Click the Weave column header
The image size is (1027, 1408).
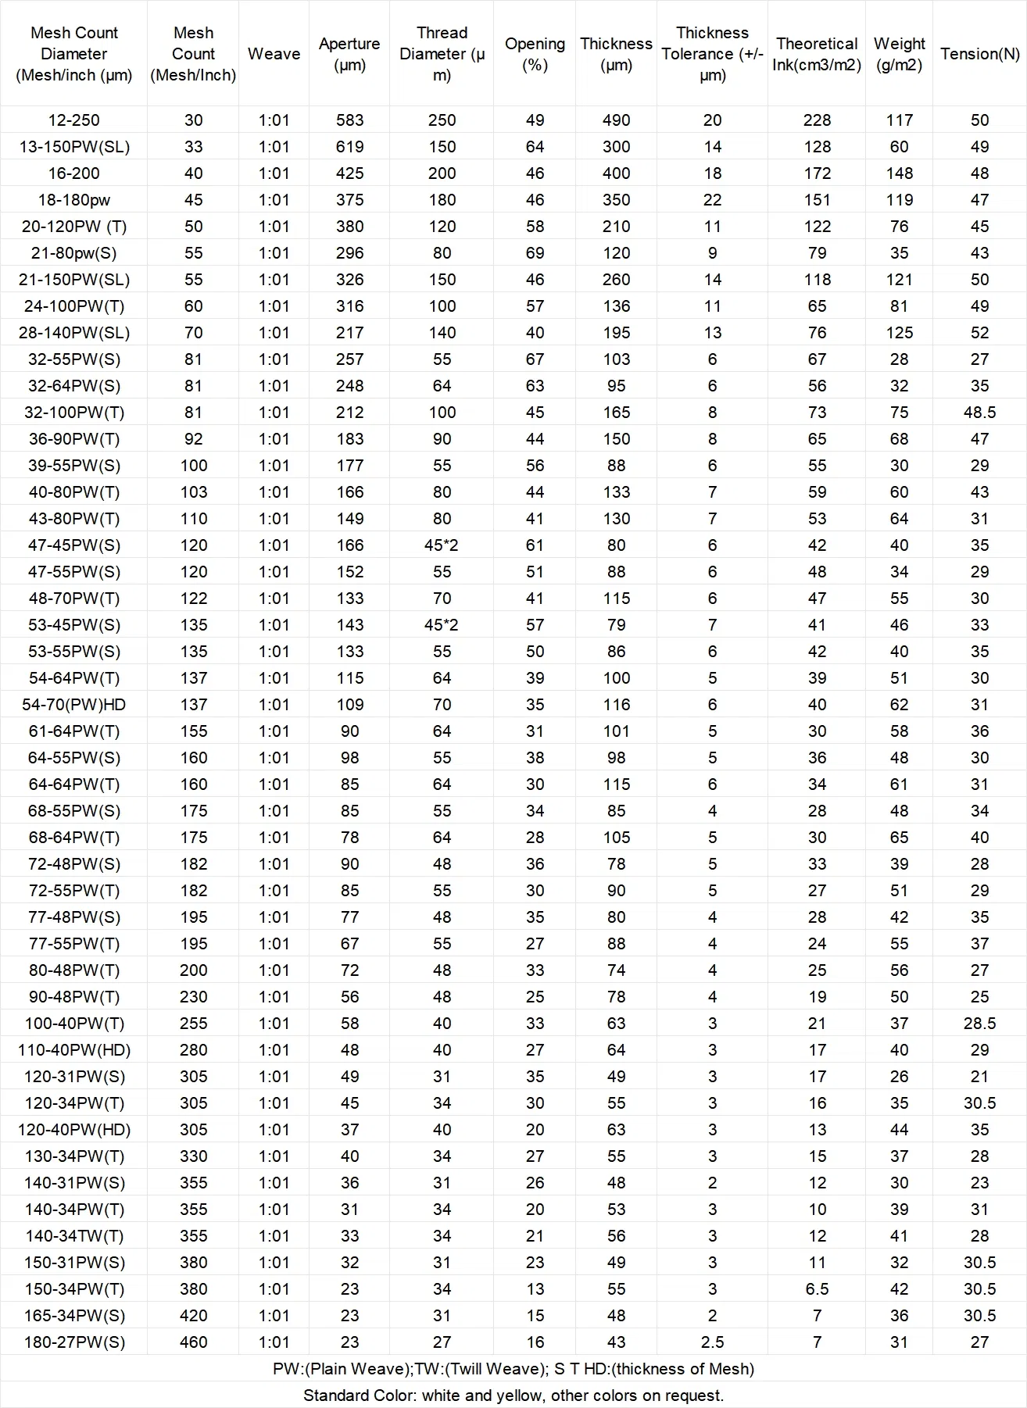274,54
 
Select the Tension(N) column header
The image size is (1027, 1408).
979,54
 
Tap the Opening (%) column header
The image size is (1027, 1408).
535,54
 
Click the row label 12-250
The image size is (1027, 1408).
74,120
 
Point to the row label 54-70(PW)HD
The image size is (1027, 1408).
74,705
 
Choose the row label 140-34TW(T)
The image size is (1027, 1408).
74,1236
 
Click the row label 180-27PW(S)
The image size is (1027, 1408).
74,1342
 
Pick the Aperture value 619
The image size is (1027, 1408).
349,147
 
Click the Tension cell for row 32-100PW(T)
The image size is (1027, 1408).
979,413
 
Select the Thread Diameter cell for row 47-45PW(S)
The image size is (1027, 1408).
442,545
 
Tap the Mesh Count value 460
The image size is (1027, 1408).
193,1342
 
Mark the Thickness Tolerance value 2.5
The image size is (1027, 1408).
712,1342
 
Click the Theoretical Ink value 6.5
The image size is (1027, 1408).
817,1289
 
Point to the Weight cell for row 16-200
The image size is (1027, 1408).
899,173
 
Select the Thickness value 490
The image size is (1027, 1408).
616,120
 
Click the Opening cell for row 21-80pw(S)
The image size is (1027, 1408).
535,253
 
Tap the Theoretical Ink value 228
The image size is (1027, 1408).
817,120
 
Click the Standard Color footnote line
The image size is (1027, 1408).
513,1395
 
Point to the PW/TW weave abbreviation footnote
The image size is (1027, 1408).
513,1369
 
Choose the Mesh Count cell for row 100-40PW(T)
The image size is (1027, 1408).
193,1024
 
